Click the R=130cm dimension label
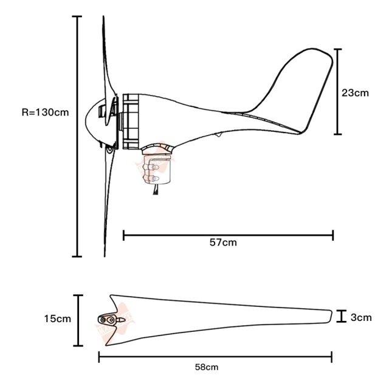click(x=44, y=112)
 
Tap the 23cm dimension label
click(x=355, y=93)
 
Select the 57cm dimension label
click(x=223, y=242)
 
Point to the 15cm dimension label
click(x=57, y=318)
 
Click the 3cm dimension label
click(x=360, y=317)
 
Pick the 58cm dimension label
click(x=207, y=367)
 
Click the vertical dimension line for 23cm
click(x=338, y=91)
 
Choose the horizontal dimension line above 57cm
click(x=228, y=235)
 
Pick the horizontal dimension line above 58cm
click(x=215, y=357)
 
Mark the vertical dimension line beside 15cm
click(x=78, y=320)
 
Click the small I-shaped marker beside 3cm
click(x=342, y=316)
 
